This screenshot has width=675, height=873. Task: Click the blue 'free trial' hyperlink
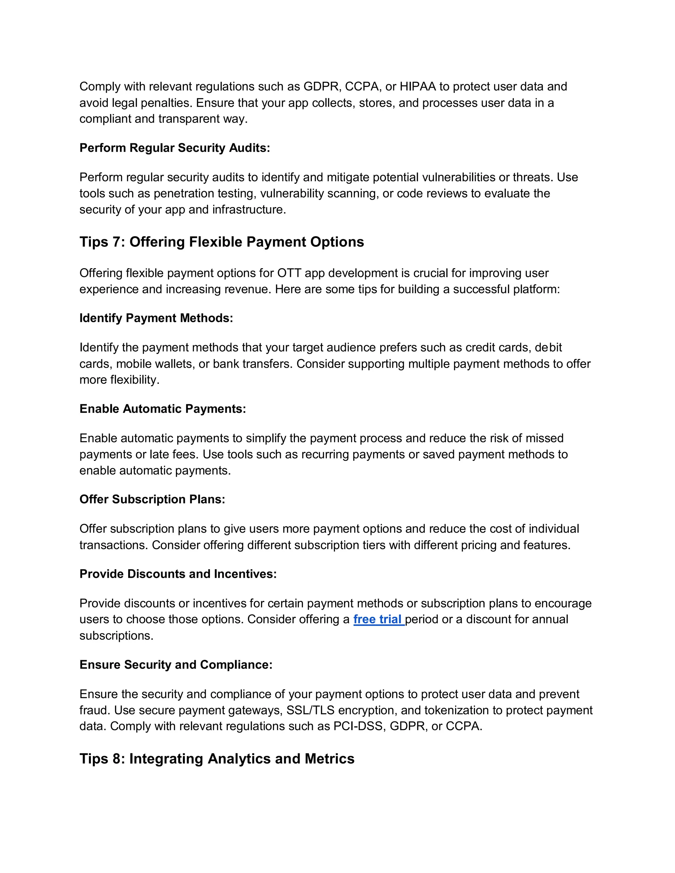pyautogui.click(x=378, y=619)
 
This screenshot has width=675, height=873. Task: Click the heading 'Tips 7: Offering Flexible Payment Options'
pyautogui.click(x=221, y=242)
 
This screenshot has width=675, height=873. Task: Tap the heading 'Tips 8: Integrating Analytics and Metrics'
pyautogui.click(x=217, y=758)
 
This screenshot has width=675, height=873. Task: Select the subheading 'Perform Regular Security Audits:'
pyautogui.click(x=175, y=148)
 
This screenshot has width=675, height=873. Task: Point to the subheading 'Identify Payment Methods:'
pyautogui.click(x=156, y=318)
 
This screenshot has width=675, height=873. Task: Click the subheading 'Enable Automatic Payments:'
pyautogui.click(x=162, y=408)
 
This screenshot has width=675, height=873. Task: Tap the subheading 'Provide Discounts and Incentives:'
pyautogui.click(x=178, y=574)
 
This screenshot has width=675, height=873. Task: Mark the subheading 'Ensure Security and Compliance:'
pyautogui.click(x=176, y=664)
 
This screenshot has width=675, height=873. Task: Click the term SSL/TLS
pyautogui.click(x=310, y=710)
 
